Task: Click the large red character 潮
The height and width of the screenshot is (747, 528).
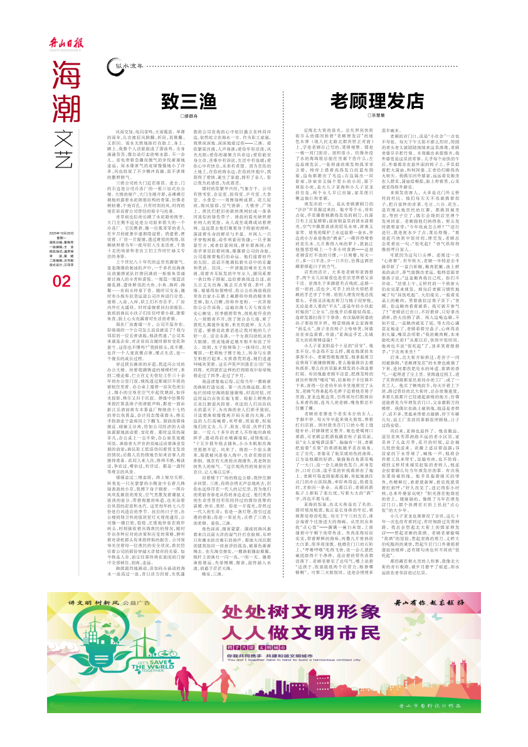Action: (66, 111)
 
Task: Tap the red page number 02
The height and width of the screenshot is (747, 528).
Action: (63, 282)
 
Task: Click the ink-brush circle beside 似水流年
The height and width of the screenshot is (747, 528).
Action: (115, 64)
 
